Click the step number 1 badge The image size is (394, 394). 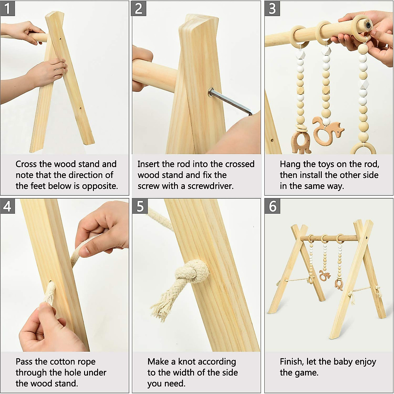pos(7,8)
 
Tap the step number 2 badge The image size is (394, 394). pos(139,8)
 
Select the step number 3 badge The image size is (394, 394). pos(272,8)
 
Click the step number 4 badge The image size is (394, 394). pos(7,206)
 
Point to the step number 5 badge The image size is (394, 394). pos(140,206)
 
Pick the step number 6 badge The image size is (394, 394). pos(273,206)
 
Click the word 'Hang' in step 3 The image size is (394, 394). pos(290,164)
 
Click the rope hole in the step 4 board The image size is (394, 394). pos(51,283)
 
